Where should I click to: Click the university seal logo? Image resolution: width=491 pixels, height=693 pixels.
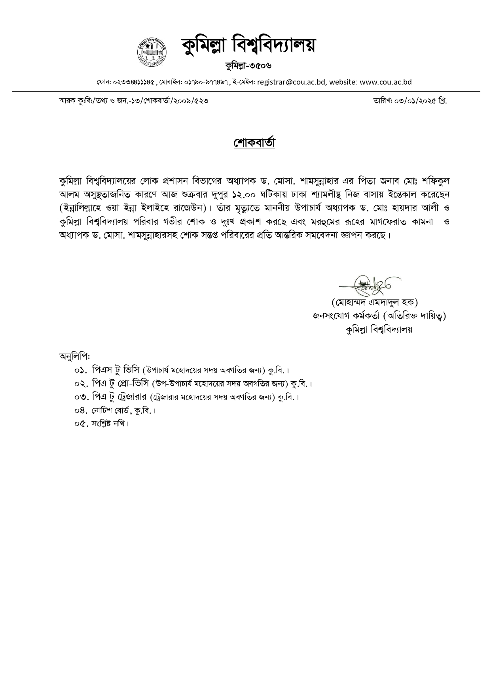[x=152, y=53]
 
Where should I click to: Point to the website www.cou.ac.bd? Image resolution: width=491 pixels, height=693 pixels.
[x=386, y=82]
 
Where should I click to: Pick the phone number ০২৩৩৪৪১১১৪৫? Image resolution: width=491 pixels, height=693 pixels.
[x=134, y=83]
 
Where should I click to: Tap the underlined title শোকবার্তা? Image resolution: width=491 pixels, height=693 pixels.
[x=254, y=143]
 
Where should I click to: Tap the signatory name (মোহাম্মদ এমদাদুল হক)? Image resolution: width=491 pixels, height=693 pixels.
[x=375, y=303]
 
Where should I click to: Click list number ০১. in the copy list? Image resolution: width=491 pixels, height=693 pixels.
[x=80, y=371]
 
